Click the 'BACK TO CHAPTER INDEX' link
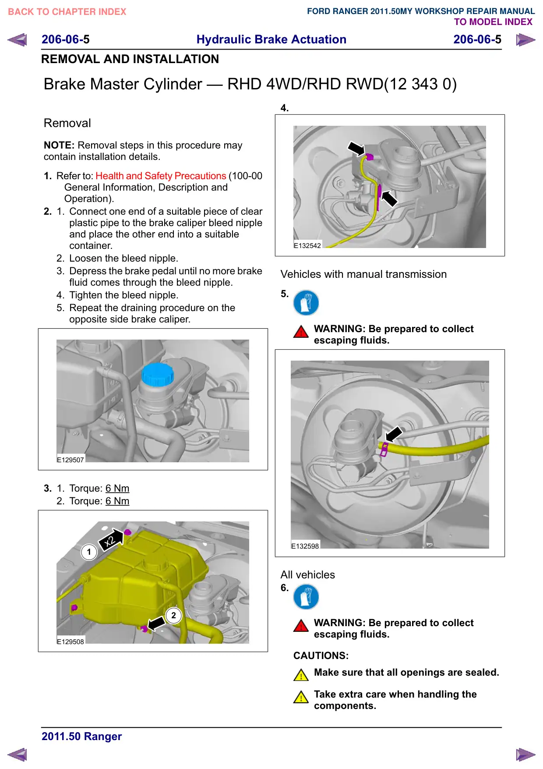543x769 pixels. coord(67,12)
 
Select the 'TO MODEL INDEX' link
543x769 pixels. coord(493,22)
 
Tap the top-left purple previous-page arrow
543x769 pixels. coord(17,40)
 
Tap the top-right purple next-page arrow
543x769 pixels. coord(525,40)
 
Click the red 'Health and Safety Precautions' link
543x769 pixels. coord(161,176)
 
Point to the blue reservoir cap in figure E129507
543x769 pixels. coord(158,374)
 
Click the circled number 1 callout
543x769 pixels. coord(89,552)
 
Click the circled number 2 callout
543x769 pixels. coord(173,615)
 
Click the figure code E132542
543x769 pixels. coord(307,246)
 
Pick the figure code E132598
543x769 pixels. coord(305,546)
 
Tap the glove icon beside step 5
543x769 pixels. coord(306,303)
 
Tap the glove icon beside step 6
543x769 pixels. coord(306,597)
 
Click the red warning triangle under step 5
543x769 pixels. coord(301,332)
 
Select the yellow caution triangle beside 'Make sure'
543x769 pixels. coord(301,675)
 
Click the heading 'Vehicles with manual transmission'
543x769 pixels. coord(363,274)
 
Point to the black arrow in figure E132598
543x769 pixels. coord(393,434)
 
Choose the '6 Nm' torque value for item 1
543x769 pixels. coord(117,488)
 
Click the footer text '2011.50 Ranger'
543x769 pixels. coord(81,736)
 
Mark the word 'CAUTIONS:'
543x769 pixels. coord(321,656)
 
